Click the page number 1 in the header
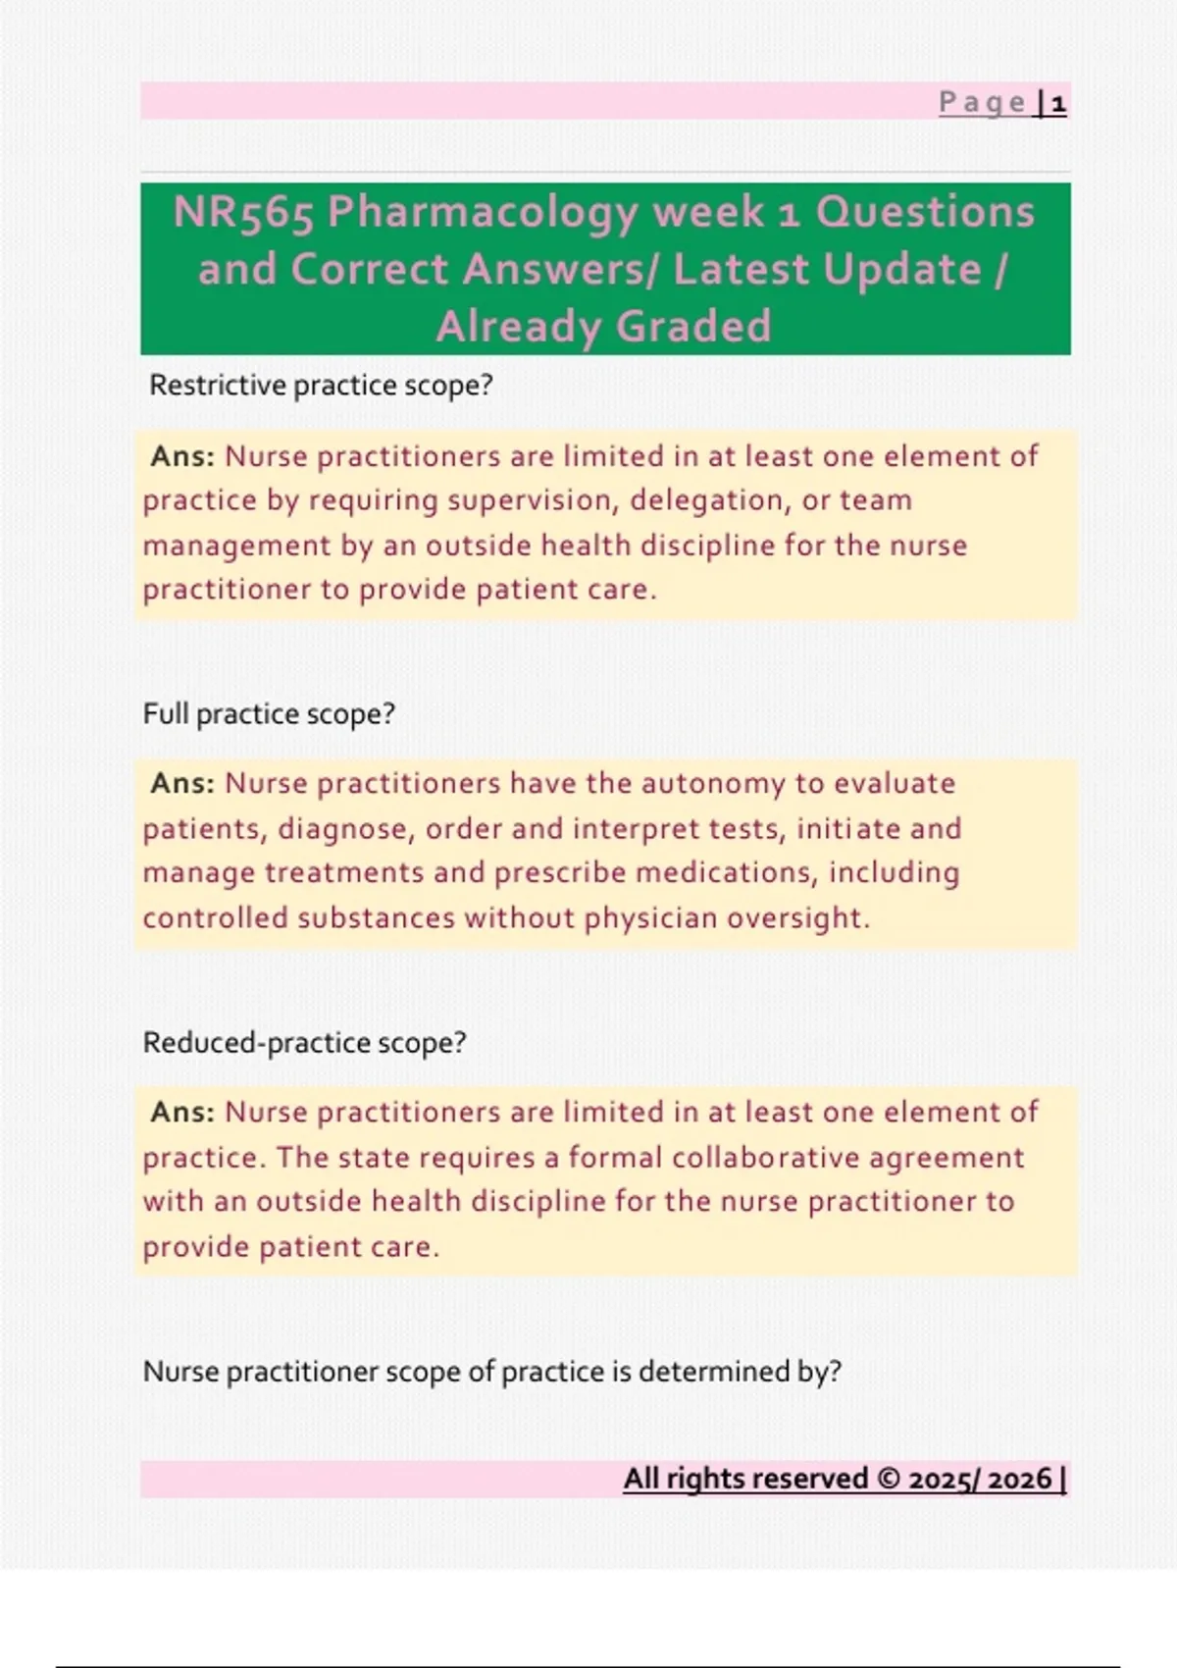tap(1058, 103)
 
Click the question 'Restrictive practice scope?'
tap(321, 386)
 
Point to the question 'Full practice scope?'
tap(269, 713)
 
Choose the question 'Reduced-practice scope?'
tap(304, 1042)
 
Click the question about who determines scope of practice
tap(491, 1371)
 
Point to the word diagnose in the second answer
tap(342, 829)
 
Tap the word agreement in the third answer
tap(947, 1158)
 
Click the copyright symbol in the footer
tap(889, 1479)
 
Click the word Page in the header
tap(982, 103)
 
